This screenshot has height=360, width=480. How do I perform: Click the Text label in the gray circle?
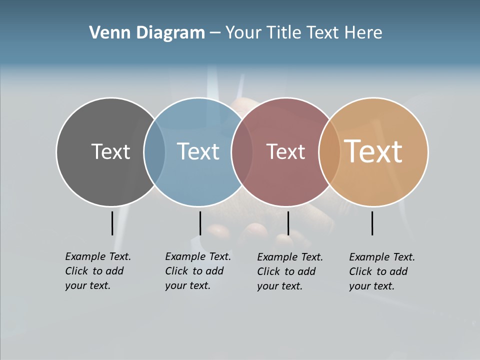(110, 151)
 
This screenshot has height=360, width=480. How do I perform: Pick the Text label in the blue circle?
(198, 151)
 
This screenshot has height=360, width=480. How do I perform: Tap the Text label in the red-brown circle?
(285, 151)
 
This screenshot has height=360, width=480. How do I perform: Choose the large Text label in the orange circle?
(373, 151)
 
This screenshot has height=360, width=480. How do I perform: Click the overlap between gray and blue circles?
(154, 152)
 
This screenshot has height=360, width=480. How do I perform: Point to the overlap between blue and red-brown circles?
(242, 152)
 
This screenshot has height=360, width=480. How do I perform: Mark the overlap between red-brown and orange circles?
(329, 152)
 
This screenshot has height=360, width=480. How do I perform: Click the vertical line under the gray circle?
(112, 223)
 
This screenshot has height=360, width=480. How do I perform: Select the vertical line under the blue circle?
(200, 223)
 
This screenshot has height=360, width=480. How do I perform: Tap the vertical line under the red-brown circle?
(288, 223)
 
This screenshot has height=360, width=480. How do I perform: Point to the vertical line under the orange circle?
(372, 223)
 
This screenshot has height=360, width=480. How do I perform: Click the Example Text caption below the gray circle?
(98, 271)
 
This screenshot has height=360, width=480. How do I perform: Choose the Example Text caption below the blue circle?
(198, 271)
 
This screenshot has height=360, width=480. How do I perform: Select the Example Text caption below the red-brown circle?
(290, 271)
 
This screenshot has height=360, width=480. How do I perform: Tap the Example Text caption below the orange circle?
(382, 271)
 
